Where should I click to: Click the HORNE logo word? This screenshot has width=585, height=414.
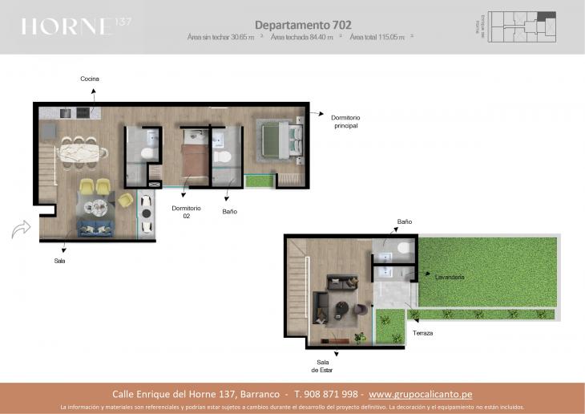pos(66,26)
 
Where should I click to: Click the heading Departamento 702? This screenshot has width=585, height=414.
pos(303,25)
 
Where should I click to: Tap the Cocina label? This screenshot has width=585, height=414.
pos(89,79)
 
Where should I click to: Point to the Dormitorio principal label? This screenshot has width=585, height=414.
pos(345,121)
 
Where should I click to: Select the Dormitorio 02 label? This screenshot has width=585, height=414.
pos(185,212)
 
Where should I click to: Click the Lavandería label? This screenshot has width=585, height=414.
pos(450,277)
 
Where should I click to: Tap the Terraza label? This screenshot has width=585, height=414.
pos(422,333)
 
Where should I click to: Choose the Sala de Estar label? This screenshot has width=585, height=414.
pos(322,367)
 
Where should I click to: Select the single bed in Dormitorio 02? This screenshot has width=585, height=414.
pos(193,155)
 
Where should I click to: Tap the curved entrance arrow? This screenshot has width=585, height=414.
pos(22,230)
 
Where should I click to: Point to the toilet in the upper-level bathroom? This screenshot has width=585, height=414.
pos(401,251)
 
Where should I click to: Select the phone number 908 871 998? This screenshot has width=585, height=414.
pos(329,394)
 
